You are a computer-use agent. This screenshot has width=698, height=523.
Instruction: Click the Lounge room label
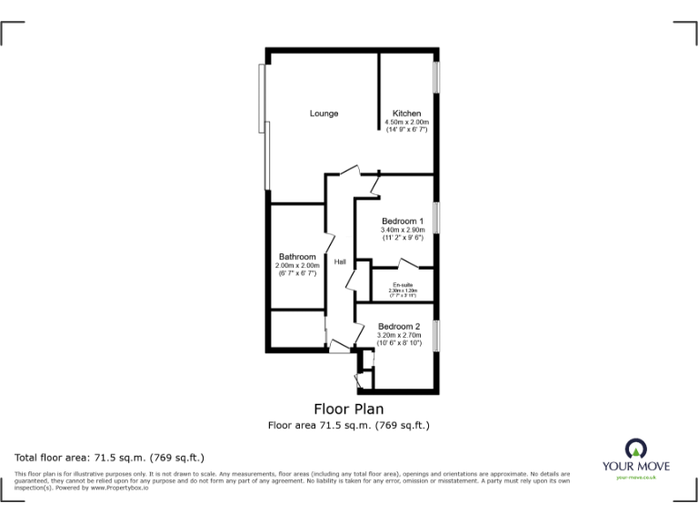click(324, 113)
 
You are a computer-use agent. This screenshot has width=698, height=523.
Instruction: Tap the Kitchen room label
click(406, 113)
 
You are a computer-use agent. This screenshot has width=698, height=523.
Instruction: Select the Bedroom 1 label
click(402, 222)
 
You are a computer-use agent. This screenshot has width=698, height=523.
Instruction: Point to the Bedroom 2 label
click(399, 327)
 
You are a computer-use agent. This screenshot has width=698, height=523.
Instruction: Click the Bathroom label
click(297, 257)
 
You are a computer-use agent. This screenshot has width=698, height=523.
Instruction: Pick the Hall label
click(340, 262)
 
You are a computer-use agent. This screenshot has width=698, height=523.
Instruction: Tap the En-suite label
click(402, 285)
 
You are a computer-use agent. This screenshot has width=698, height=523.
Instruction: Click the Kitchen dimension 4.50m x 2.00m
click(406, 123)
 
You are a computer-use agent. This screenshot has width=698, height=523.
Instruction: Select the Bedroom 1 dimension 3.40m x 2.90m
click(402, 231)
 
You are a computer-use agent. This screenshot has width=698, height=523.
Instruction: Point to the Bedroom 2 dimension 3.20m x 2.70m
click(399, 336)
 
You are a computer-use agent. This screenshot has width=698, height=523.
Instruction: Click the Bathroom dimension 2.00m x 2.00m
click(297, 265)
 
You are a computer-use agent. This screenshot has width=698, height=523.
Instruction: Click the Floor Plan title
click(348, 408)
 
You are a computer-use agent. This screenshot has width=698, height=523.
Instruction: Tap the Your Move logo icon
click(636, 448)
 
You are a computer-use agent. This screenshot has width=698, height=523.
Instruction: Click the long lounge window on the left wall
click(264, 127)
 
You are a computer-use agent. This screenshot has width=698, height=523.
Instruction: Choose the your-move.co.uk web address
click(636, 477)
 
